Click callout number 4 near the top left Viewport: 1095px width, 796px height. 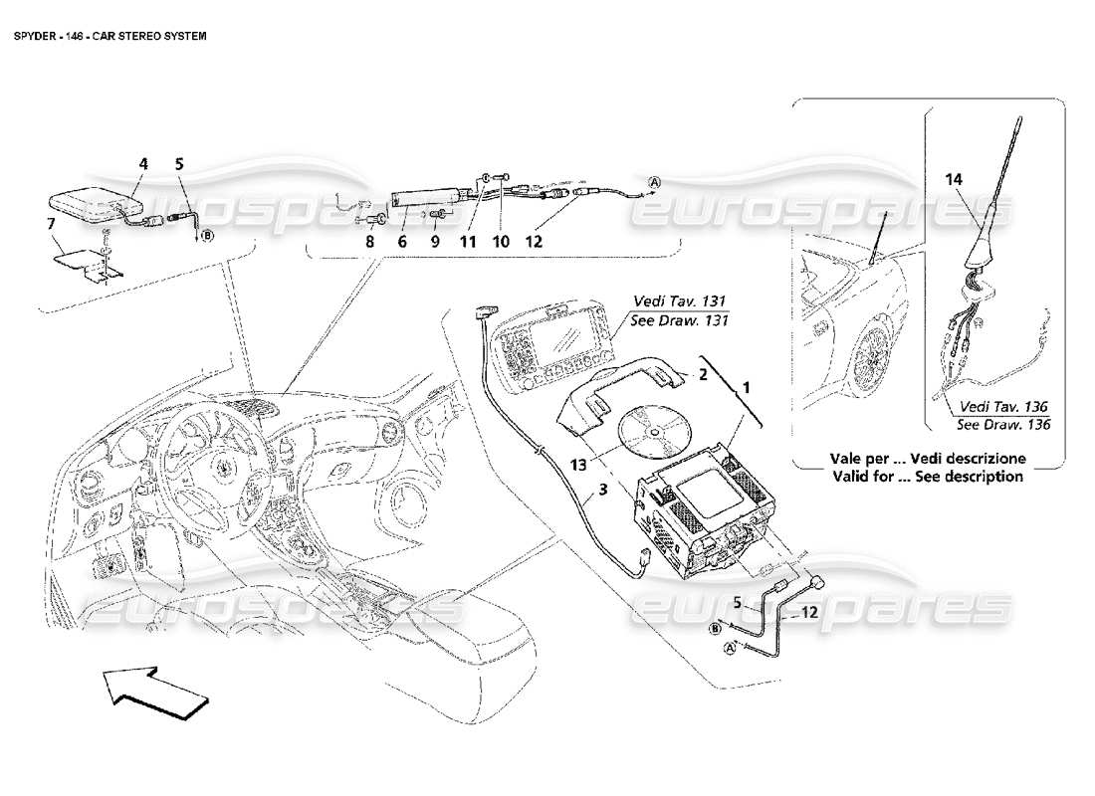(143, 162)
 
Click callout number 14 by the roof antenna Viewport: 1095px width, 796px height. (954, 179)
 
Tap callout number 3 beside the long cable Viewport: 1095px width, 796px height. (602, 489)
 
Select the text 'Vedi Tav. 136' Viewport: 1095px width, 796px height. (1004, 406)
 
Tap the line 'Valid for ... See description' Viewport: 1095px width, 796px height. (927, 477)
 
